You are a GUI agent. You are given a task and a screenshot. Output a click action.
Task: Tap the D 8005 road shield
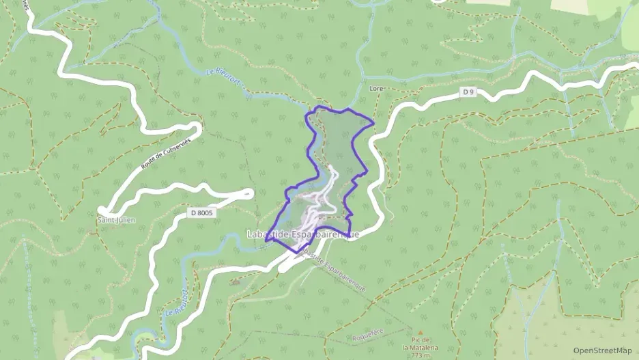(x=202, y=213)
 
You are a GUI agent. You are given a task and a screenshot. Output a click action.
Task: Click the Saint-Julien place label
(x=116, y=220)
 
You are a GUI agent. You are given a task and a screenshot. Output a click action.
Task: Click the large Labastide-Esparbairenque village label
(x=302, y=235)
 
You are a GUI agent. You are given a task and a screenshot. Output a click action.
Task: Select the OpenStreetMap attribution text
(x=602, y=350)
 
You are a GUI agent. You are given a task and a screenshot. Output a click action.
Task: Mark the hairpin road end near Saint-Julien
(x=102, y=210)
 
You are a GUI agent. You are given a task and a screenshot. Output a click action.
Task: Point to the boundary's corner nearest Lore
(x=374, y=123)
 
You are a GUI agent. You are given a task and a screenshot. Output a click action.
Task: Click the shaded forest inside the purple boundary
(x=338, y=137)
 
